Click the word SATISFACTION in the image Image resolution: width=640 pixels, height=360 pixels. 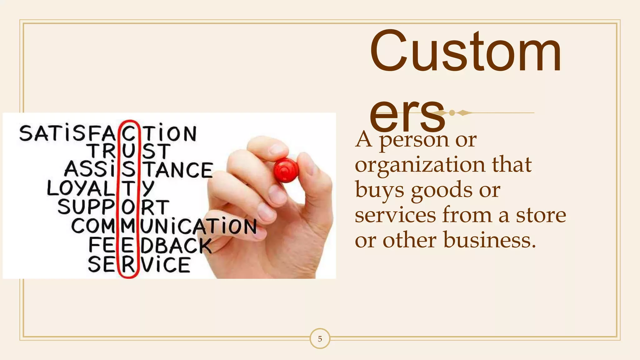(108, 134)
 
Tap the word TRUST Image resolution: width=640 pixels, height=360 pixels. (130, 151)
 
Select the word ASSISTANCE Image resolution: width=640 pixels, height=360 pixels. (138, 170)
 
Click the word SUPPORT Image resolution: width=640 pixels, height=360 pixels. (113, 207)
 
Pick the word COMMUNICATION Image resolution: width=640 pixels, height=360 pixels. (164, 226)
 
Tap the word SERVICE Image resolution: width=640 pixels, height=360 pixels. (139, 265)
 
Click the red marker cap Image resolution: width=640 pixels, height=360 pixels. (286, 170)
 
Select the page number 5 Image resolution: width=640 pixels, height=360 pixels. (320, 339)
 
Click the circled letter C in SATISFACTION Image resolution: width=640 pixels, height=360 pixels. (128, 134)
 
